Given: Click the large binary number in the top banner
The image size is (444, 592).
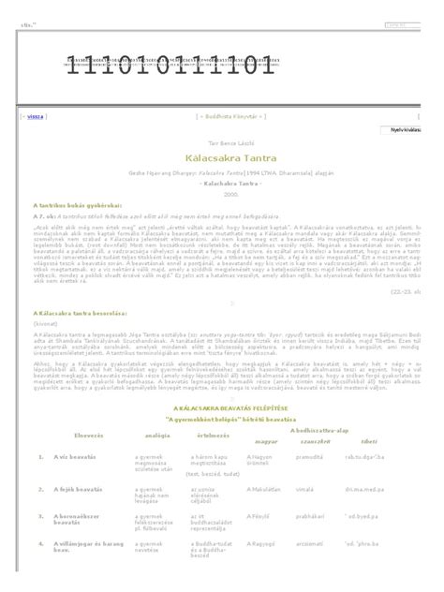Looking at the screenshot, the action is pos(170,67).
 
